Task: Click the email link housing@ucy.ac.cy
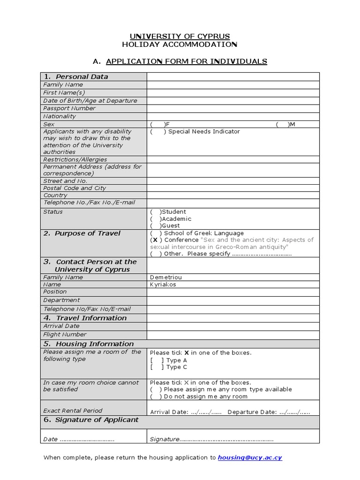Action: click(x=250, y=457)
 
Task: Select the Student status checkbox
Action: click(x=156, y=212)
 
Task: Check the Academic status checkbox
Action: click(x=156, y=219)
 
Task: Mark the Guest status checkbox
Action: click(x=156, y=226)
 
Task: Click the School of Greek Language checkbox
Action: click(x=156, y=233)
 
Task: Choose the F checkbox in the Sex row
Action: click(x=158, y=124)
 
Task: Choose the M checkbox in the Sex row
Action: click(x=283, y=124)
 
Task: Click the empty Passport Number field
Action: click(x=233, y=108)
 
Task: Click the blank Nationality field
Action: click(x=233, y=116)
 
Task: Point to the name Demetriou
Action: click(x=165, y=277)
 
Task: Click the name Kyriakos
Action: click(x=163, y=285)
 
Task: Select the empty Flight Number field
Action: click(x=233, y=335)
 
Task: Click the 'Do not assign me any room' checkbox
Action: click(x=156, y=397)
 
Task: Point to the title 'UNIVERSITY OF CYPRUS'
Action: click(x=180, y=37)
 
